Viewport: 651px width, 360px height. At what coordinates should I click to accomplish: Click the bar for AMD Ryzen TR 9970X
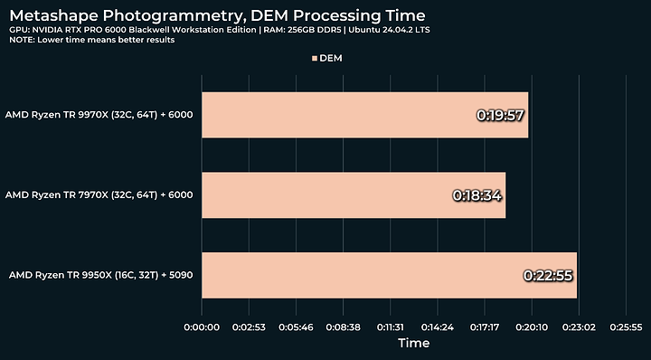pyautogui.click(x=365, y=115)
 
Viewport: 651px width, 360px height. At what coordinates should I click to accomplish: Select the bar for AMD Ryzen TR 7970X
pyautogui.click(x=354, y=194)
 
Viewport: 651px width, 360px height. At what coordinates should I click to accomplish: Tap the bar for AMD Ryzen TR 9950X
pyautogui.click(x=390, y=275)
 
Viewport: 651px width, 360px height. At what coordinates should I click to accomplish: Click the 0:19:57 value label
pyautogui.click(x=500, y=115)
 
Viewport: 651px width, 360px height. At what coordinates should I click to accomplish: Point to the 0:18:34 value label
pyautogui.click(x=477, y=195)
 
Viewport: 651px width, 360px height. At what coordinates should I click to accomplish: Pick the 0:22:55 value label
pyautogui.click(x=548, y=275)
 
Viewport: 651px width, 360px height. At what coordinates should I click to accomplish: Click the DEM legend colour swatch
pyautogui.click(x=315, y=59)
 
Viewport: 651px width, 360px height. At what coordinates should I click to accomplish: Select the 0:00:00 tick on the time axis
pyautogui.click(x=202, y=327)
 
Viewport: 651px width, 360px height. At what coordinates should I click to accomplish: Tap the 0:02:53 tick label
pyautogui.click(x=249, y=327)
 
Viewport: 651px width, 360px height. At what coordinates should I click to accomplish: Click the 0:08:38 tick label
pyautogui.click(x=343, y=327)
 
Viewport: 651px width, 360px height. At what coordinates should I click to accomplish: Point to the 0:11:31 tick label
pyautogui.click(x=391, y=327)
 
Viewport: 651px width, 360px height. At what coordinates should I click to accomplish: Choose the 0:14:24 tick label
pyautogui.click(x=438, y=327)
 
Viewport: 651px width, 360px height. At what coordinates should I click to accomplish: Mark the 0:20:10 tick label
pyautogui.click(x=532, y=327)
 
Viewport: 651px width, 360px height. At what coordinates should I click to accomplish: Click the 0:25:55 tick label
pyautogui.click(x=626, y=327)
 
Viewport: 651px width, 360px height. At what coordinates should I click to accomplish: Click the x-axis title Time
pyautogui.click(x=413, y=343)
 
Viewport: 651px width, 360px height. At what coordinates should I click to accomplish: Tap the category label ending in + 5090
pyautogui.click(x=101, y=275)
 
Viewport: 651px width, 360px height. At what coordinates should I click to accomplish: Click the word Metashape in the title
pyautogui.click(x=54, y=16)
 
